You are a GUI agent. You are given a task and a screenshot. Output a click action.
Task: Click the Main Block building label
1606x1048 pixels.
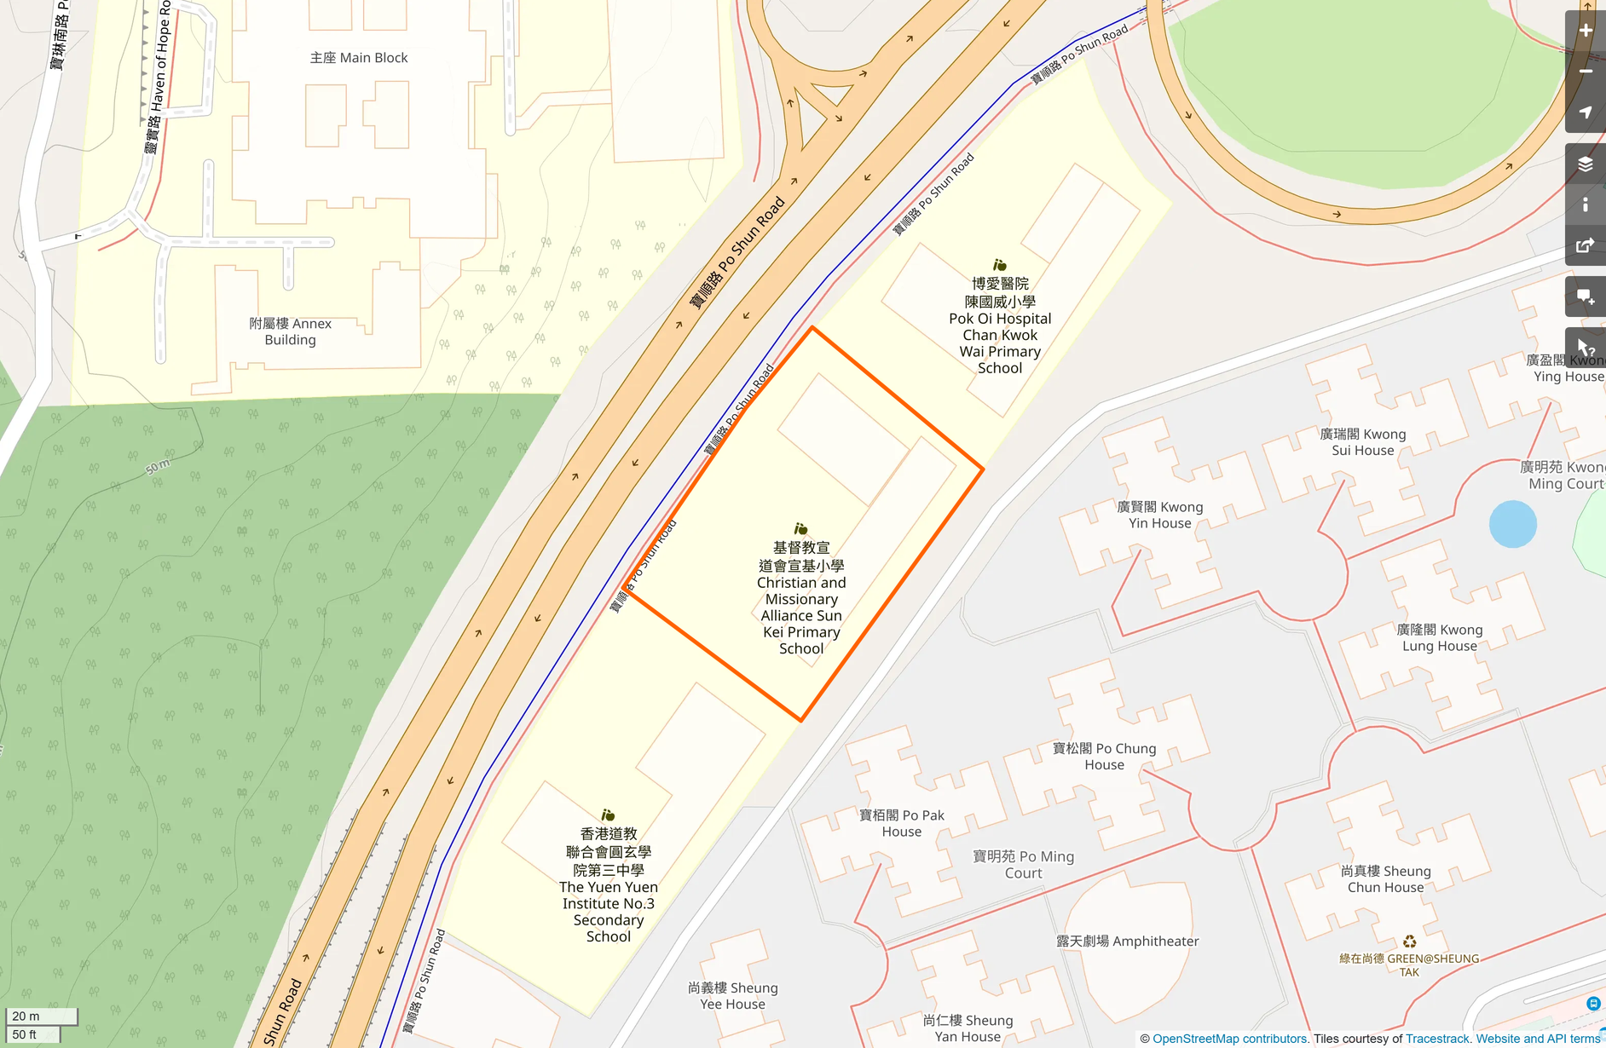point(359,58)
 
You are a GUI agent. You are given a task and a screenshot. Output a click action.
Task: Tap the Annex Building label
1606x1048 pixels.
point(290,331)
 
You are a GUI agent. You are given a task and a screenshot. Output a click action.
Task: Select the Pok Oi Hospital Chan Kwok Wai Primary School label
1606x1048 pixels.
point(1000,326)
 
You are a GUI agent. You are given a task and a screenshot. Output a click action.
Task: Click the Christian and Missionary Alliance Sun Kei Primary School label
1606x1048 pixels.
point(801,598)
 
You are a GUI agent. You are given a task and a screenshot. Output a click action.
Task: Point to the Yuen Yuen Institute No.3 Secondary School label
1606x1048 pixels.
point(609,885)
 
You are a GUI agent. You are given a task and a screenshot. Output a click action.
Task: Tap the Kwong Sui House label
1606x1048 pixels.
point(1362,442)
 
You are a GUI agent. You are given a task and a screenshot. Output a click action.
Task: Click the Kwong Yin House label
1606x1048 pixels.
point(1160,515)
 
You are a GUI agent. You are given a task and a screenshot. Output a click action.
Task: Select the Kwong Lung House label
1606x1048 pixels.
point(1439,637)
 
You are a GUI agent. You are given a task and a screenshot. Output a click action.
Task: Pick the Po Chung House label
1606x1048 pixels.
point(1104,757)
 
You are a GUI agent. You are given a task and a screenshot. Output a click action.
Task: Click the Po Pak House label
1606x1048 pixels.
point(902,823)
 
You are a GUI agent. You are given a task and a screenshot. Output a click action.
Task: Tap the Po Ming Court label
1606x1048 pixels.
point(1023,864)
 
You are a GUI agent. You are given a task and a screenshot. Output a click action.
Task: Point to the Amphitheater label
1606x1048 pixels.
point(1127,941)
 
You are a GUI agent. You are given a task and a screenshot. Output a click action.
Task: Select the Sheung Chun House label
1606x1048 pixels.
point(1385,878)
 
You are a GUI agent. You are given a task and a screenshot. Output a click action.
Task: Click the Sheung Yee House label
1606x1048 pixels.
point(732,995)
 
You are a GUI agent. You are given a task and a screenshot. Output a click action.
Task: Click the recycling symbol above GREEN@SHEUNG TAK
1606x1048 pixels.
point(1409,941)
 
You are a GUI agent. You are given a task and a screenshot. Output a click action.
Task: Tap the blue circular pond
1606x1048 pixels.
point(1512,524)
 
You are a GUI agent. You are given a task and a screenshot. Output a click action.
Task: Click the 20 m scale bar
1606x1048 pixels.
point(41,1016)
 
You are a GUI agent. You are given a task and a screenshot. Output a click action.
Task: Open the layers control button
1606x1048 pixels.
point(1585,164)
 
